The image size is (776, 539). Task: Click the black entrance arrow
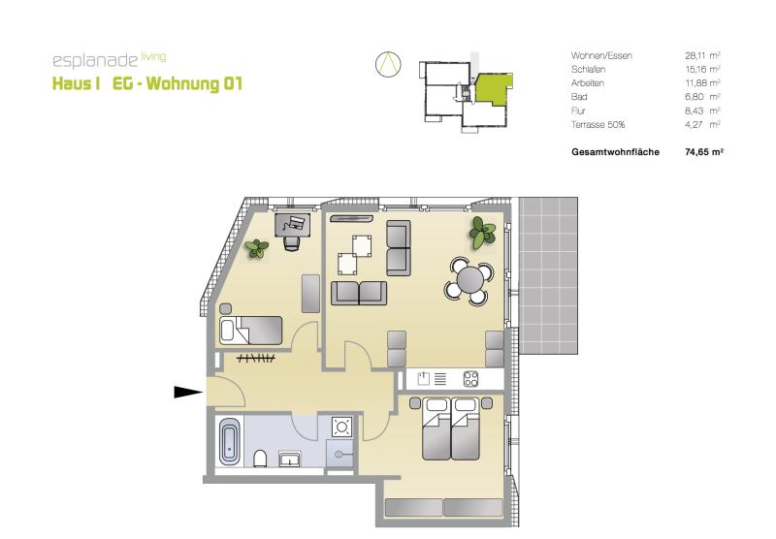188,393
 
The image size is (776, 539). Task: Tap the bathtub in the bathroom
229,442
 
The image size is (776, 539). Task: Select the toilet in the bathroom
260,459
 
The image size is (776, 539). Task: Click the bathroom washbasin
290,459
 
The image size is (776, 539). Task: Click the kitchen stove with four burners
470,379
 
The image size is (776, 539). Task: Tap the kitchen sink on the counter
424,379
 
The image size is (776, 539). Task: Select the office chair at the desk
292,242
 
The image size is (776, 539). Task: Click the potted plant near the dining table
481,233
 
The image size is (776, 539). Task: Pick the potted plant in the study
257,248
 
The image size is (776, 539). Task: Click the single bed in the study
251,331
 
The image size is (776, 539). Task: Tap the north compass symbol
388,64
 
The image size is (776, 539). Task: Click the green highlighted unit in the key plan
492,88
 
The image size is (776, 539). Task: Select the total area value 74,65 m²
704,152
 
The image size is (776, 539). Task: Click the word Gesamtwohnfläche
615,152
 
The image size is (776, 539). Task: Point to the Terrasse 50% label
598,125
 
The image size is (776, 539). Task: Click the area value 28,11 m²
702,55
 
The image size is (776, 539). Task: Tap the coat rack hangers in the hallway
256,359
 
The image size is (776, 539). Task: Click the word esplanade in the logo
95,60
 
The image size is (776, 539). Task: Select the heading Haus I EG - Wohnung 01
147,83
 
